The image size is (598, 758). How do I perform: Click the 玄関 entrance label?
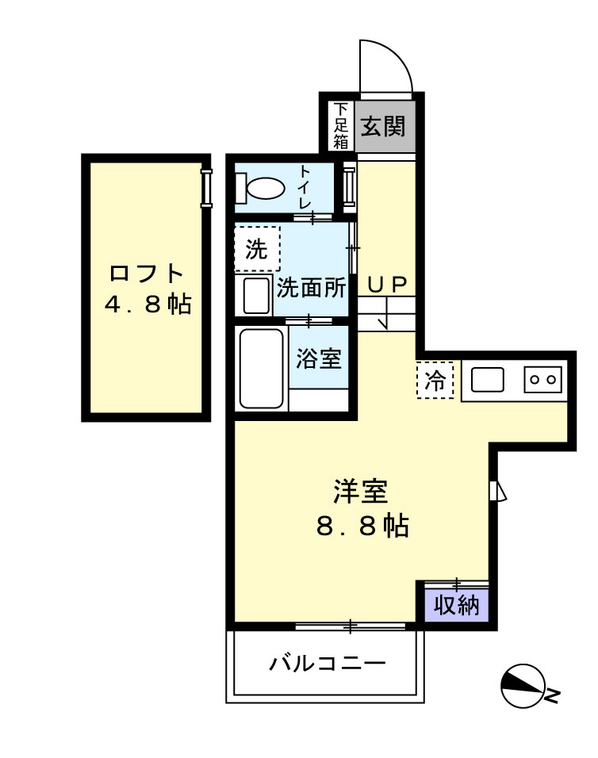(x=384, y=126)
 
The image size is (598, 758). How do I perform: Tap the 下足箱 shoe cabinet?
(x=341, y=126)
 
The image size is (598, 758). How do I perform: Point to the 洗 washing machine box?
(x=256, y=250)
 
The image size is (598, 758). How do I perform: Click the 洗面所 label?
(x=312, y=287)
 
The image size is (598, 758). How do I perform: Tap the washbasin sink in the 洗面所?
(x=256, y=295)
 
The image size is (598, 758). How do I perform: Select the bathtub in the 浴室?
(x=262, y=369)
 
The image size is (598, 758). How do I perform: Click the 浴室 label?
(x=319, y=359)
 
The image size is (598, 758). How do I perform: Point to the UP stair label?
(x=386, y=283)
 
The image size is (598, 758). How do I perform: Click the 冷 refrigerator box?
(x=435, y=380)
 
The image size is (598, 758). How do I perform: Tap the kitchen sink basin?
(x=487, y=380)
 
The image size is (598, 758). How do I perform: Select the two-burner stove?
(x=542, y=380)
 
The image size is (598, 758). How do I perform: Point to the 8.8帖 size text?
(x=362, y=526)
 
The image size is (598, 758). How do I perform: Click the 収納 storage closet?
(x=456, y=606)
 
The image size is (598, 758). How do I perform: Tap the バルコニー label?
(x=326, y=663)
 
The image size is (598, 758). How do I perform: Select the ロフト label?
(x=147, y=274)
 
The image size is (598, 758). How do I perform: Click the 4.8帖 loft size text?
(x=148, y=304)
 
